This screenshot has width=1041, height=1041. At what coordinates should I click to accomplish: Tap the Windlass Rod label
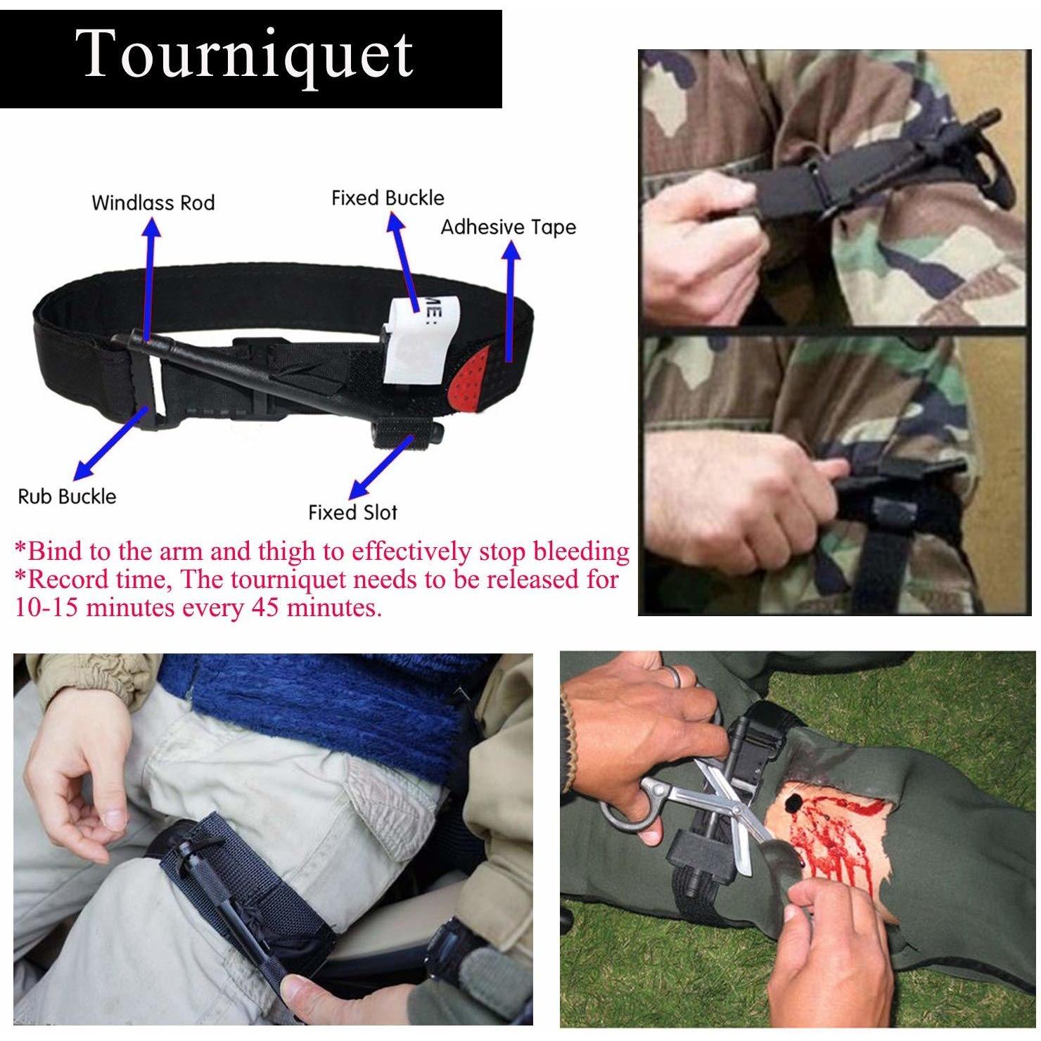pyautogui.click(x=153, y=203)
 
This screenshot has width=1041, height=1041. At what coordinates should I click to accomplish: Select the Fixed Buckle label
pyautogui.click(x=388, y=198)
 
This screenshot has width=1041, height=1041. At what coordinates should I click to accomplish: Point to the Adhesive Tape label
pyautogui.click(x=508, y=227)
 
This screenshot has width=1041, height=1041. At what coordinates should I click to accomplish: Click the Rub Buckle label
pyautogui.click(x=67, y=497)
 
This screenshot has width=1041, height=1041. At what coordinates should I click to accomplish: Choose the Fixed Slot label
pyautogui.click(x=352, y=512)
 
